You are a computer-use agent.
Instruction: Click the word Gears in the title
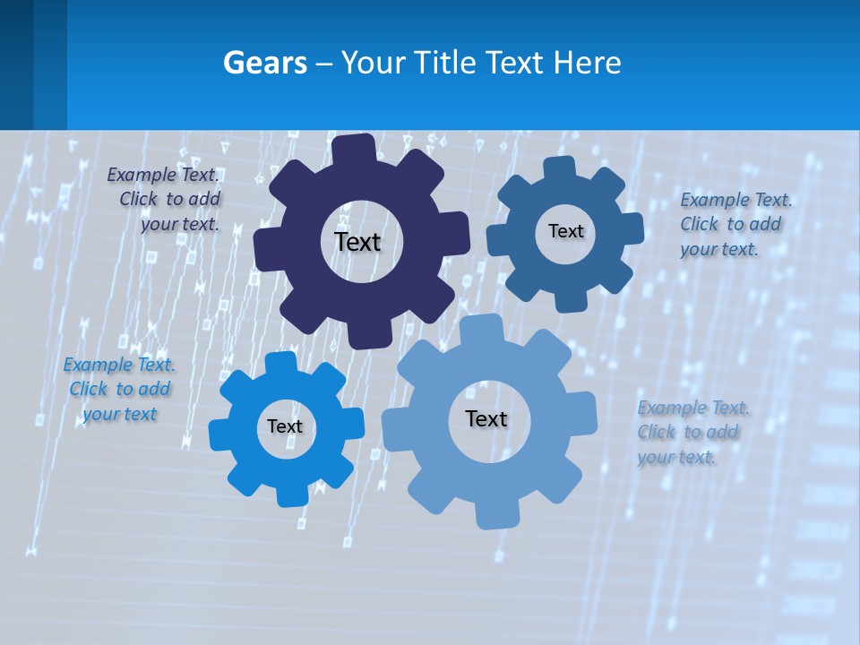click(x=264, y=63)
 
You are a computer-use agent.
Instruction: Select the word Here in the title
click(x=587, y=63)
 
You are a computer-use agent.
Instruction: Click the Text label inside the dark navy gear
click(x=357, y=242)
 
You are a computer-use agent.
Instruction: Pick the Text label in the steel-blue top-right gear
click(x=565, y=231)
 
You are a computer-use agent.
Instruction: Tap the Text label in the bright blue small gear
click(x=285, y=426)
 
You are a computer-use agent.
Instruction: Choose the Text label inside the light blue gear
click(x=486, y=418)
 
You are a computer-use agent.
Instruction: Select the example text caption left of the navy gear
click(x=166, y=199)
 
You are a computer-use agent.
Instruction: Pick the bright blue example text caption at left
click(x=119, y=389)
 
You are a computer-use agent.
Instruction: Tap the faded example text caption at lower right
click(x=691, y=432)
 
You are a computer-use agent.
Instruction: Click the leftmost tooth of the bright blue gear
click(x=219, y=434)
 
